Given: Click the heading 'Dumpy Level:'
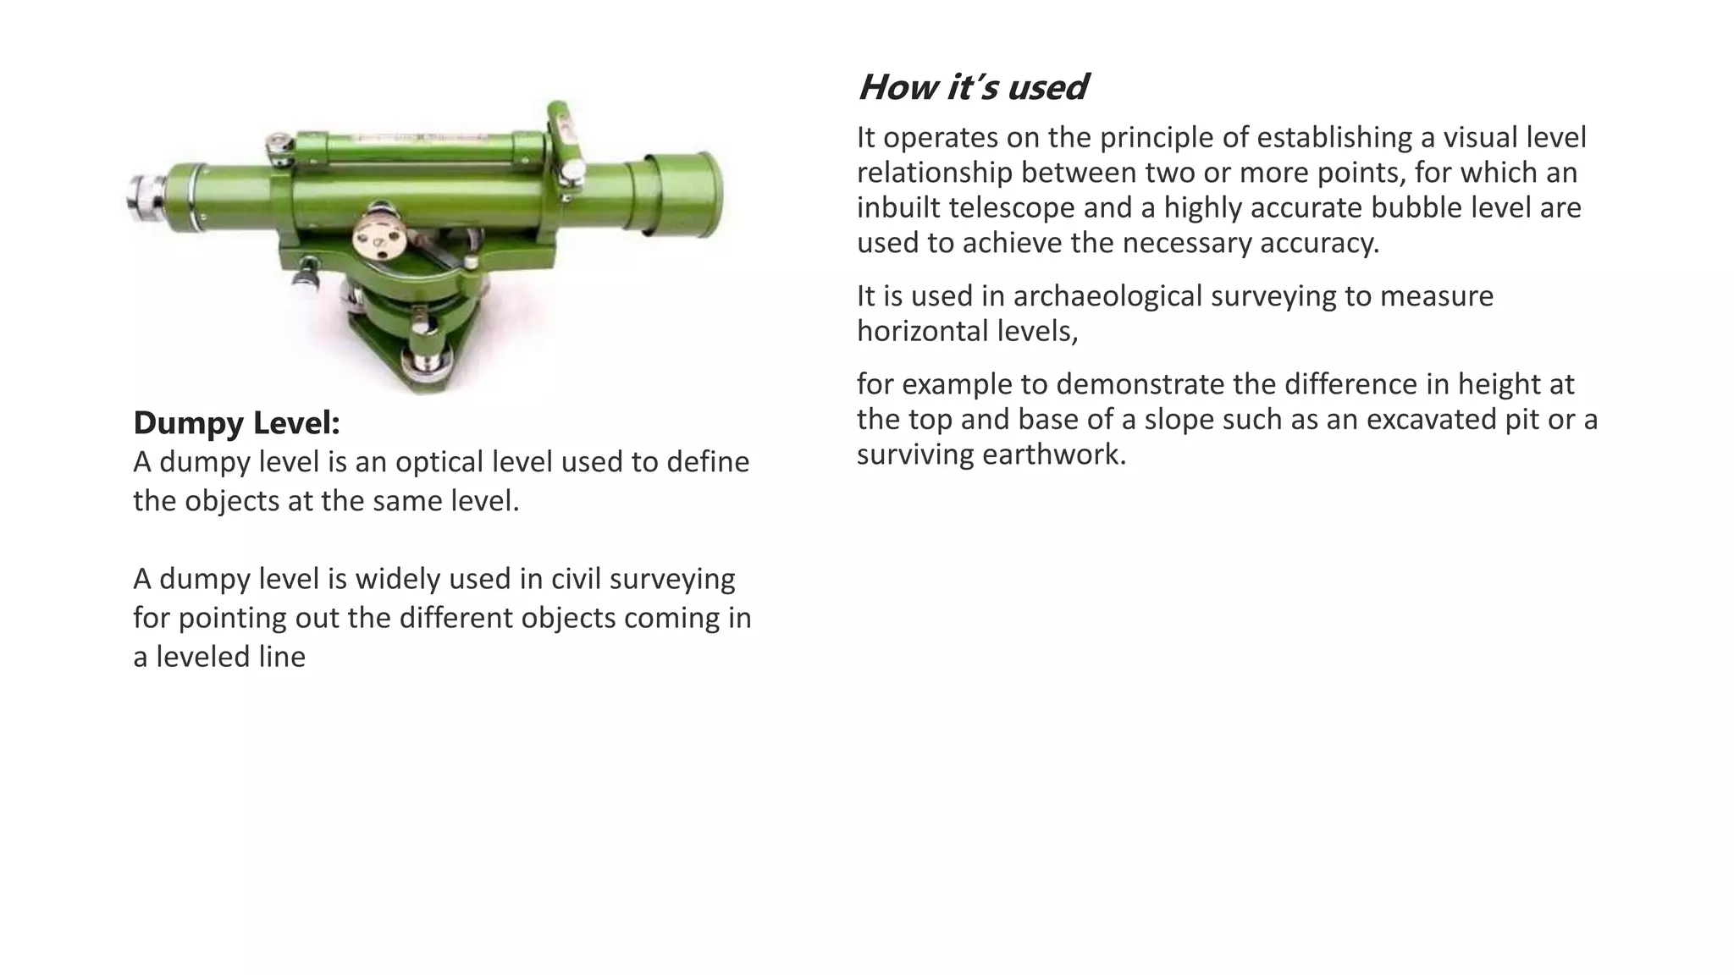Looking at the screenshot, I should coord(236,423).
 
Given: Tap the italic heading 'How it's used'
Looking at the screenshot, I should coord(972,87).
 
